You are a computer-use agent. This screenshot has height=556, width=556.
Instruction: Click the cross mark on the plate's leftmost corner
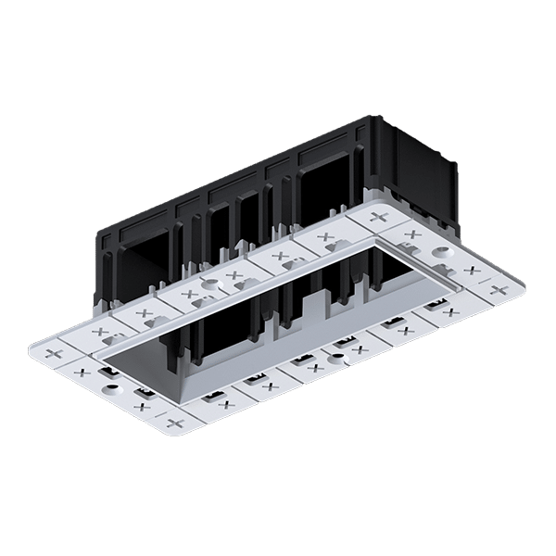click(x=53, y=353)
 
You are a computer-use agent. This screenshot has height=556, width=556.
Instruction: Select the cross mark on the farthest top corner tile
click(x=378, y=217)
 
